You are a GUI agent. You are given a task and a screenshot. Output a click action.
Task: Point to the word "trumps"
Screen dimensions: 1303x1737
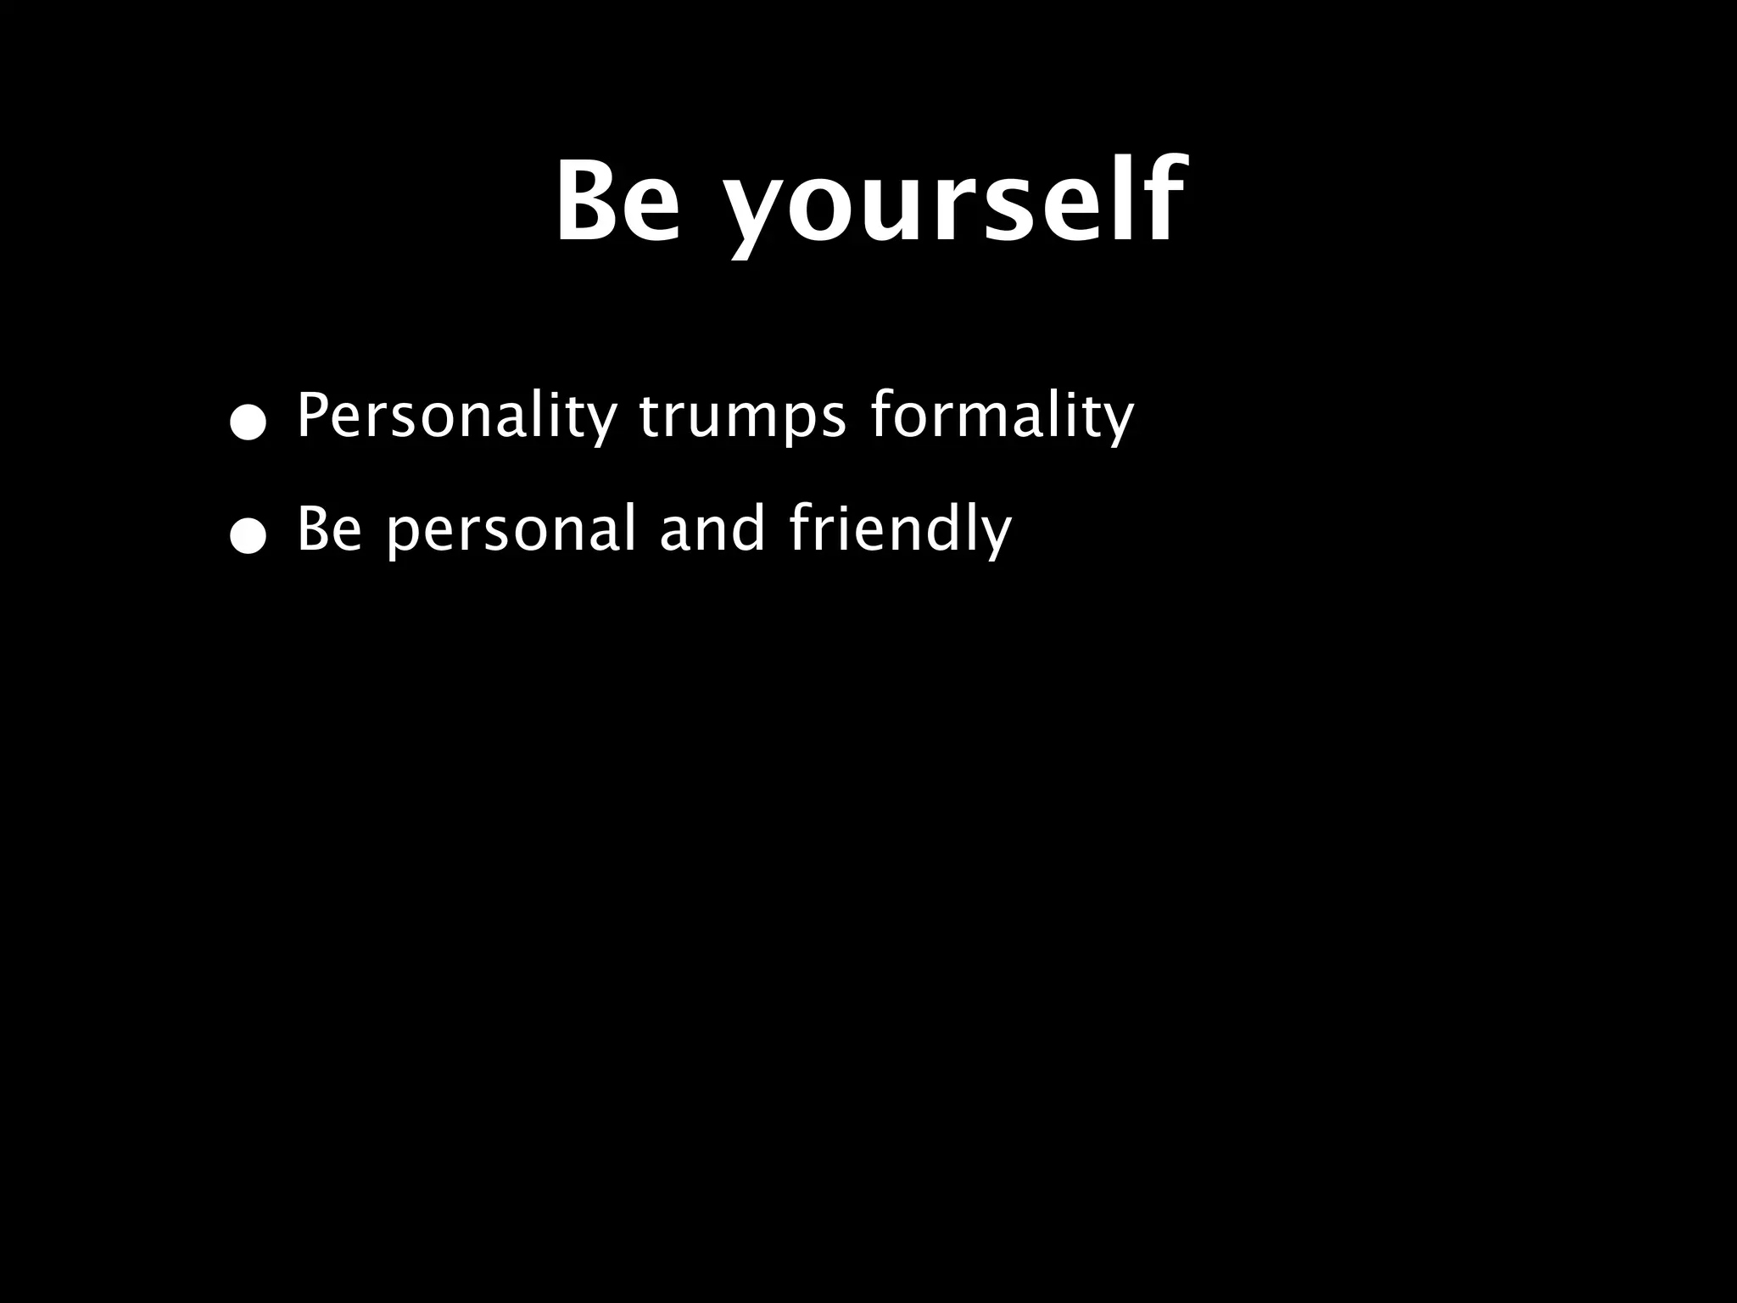tap(742, 417)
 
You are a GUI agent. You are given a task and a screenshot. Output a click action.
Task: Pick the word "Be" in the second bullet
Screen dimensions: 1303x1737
tap(329, 529)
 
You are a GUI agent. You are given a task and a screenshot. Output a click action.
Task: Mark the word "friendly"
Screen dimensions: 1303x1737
tap(901, 529)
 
